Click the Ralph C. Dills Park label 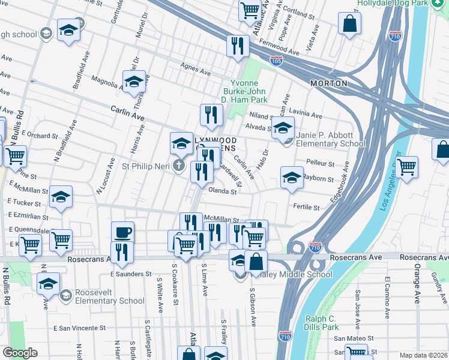[322, 322]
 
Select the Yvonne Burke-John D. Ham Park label [249, 91]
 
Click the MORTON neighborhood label [328, 83]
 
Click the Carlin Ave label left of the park [128, 112]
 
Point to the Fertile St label [306, 207]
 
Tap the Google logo [20, 353]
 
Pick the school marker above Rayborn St [292, 178]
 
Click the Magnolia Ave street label [106, 82]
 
